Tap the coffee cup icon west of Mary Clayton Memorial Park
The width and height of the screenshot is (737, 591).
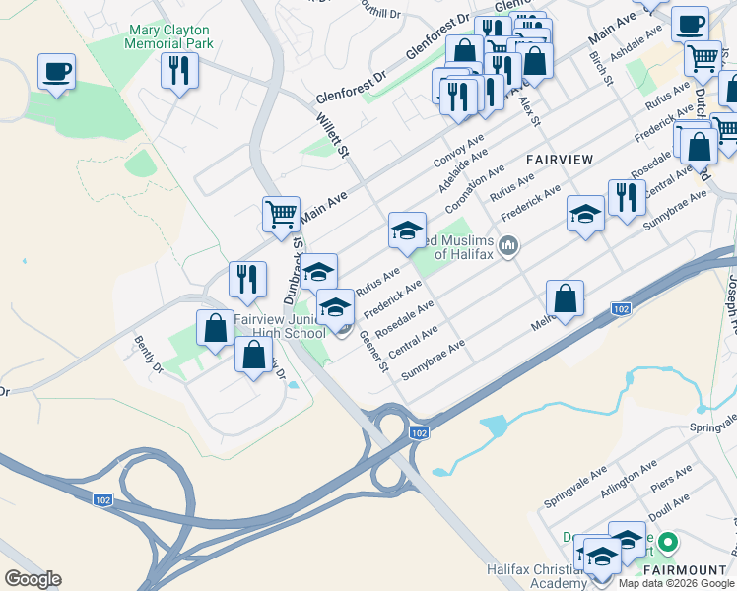[x=56, y=72]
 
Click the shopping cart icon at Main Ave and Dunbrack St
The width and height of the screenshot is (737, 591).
[x=281, y=214]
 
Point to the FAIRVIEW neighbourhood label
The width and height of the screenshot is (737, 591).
[x=560, y=159]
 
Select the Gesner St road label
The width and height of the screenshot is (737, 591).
[x=373, y=351]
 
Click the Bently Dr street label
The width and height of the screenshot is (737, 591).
[x=149, y=355]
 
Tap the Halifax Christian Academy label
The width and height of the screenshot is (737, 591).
[x=537, y=577]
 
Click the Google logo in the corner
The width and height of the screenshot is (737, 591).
[x=33, y=579]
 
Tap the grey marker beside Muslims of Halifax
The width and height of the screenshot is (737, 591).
[x=508, y=245]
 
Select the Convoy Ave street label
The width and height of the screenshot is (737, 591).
[x=454, y=151]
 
